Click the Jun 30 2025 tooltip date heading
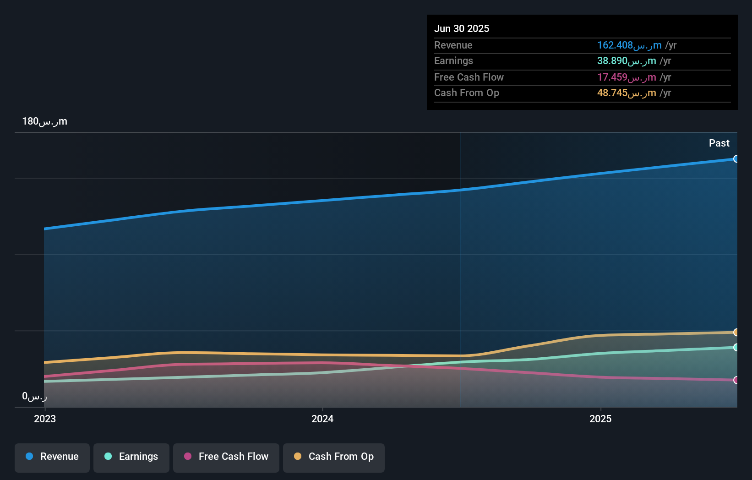point(461,28)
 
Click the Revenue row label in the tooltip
point(453,45)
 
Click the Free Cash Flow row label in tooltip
point(469,77)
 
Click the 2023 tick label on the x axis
point(45,419)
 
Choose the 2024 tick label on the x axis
point(322,419)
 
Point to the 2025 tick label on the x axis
point(600,419)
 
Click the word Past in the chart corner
point(719,143)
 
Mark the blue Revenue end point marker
point(736,159)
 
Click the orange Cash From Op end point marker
point(736,332)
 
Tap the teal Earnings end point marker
point(736,347)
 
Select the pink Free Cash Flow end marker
point(736,380)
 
